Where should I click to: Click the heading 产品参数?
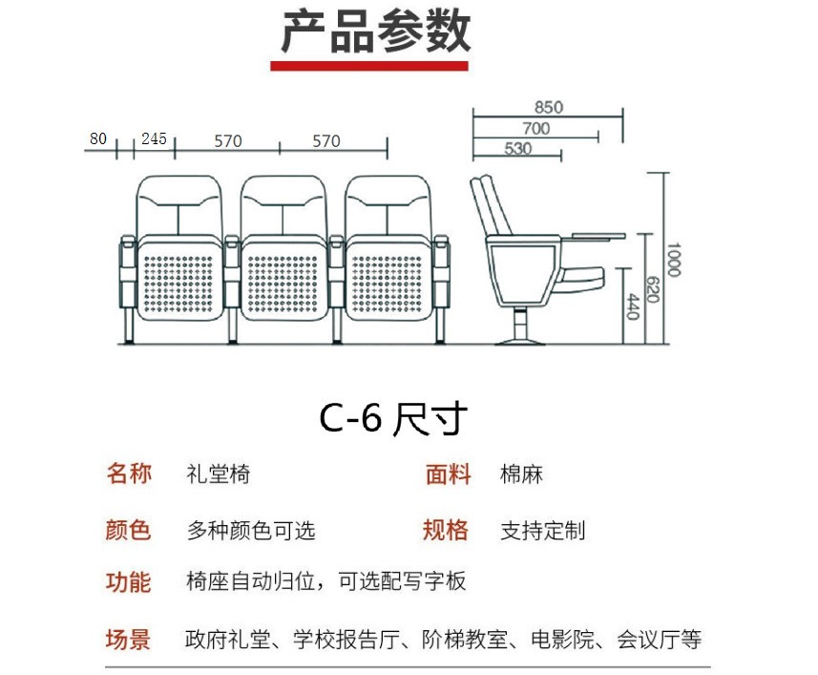click(376, 32)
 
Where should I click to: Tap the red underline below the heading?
click(369, 66)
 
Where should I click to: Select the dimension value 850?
click(548, 107)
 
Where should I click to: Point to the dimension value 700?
click(535, 128)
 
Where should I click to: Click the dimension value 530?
click(517, 148)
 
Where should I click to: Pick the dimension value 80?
click(98, 138)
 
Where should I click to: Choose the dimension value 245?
click(154, 138)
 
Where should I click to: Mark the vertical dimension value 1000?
click(674, 260)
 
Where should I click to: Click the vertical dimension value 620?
click(653, 290)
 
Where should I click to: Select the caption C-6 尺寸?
click(392, 418)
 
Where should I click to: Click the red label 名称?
click(129, 474)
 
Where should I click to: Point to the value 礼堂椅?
click(219, 474)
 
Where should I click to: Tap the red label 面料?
click(448, 474)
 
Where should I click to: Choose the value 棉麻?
click(521, 474)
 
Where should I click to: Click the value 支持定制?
click(542, 530)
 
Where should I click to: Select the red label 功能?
click(129, 581)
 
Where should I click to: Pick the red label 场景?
click(129, 639)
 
